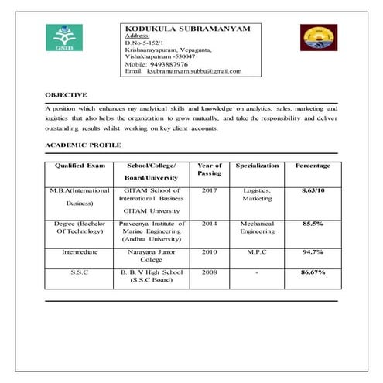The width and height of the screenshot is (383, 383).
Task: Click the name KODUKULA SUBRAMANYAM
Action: pyautogui.click(x=188, y=29)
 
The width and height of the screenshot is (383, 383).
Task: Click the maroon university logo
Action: pyautogui.click(x=313, y=37)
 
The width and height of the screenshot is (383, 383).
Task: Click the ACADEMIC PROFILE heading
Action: pyautogui.click(x=83, y=145)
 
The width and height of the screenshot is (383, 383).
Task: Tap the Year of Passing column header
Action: pyautogui.click(x=209, y=169)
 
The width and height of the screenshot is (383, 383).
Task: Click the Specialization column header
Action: pyautogui.click(x=257, y=166)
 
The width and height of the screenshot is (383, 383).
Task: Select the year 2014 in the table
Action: pyautogui.click(x=209, y=223)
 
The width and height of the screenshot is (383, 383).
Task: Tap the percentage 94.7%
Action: pyautogui.click(x=313, y=251)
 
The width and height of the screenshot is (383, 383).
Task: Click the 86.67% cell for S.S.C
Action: pyautogui.click(x=313, y=272)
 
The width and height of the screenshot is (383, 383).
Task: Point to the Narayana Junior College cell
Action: pyautogui.click(x=152, y=255)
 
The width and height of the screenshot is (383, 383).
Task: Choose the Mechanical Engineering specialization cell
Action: pyautogui.click(x=257, y=227)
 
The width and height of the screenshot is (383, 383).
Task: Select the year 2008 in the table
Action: pyautogui.click(x=209, y=272)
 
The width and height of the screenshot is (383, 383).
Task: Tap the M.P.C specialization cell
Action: pyautogui.click(x=257, y=251)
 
